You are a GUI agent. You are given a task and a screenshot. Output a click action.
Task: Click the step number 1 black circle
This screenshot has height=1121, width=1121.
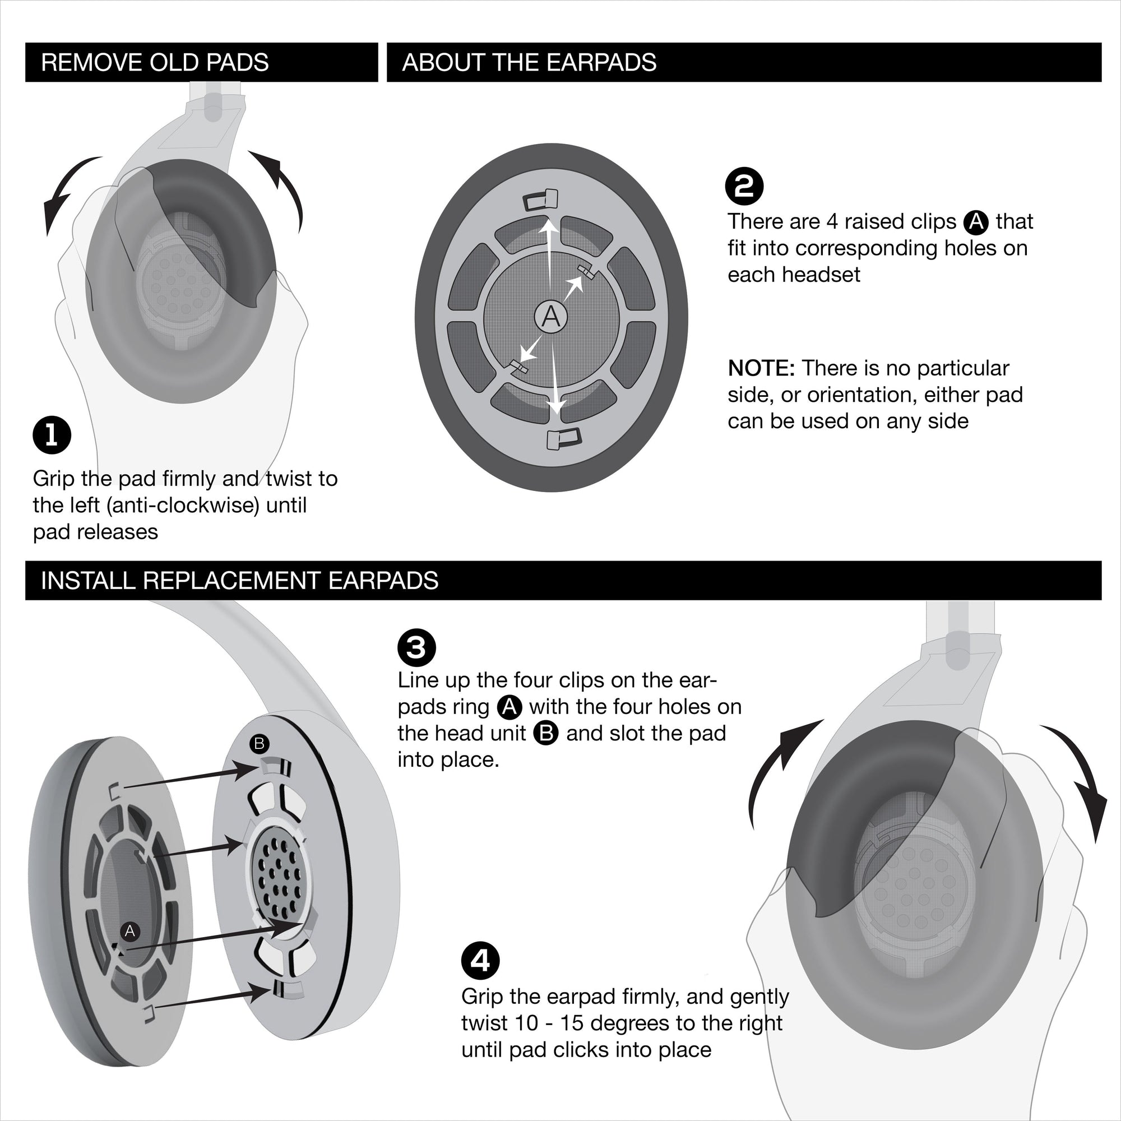(52, 435)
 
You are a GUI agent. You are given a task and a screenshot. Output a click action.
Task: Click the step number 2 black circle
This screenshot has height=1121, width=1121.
(744, 186)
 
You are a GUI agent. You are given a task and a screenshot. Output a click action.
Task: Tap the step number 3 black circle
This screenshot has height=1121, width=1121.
(416, 647)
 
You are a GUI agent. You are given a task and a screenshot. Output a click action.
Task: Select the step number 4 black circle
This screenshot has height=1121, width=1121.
(480, 961)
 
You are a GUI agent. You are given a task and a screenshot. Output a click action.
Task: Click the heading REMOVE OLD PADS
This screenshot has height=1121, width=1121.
(155, 63)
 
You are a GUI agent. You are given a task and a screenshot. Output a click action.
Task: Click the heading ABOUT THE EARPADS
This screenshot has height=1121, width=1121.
(529, 63)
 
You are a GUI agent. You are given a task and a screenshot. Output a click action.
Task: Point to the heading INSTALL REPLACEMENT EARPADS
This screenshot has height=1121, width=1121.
(240, 580)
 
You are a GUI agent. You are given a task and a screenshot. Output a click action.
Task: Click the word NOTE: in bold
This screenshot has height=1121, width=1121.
(761, 368)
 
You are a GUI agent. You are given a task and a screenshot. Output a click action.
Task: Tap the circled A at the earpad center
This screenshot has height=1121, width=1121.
(550, 317)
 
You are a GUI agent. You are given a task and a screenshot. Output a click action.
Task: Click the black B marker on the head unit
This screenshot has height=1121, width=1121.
(260, 743)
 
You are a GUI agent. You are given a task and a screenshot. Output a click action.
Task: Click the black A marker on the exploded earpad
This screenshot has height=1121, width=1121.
(130, 931)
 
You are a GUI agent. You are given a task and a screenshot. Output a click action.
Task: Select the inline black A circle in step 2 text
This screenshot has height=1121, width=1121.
(976, 221)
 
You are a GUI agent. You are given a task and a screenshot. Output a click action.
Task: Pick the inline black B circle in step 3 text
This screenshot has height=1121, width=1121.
(546, 733)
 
